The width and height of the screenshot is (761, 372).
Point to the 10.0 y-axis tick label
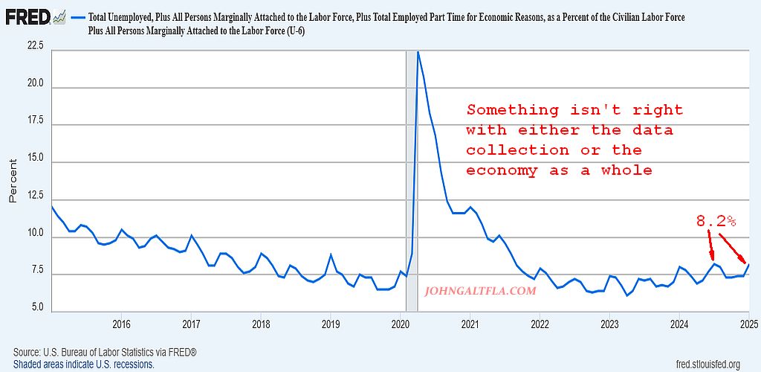tap(35, 234)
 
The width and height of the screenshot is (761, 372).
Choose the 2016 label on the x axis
tap(121, 324)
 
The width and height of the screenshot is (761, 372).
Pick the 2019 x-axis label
tap(331, 324)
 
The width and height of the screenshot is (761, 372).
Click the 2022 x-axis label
tap(540, 324)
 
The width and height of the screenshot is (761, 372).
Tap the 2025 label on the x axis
tap(748, 324)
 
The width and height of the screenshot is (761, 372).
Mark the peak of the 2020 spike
tap(418, 52)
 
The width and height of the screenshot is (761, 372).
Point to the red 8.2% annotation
tap(715, 221)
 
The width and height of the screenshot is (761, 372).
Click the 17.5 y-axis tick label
tap(35, 120)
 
